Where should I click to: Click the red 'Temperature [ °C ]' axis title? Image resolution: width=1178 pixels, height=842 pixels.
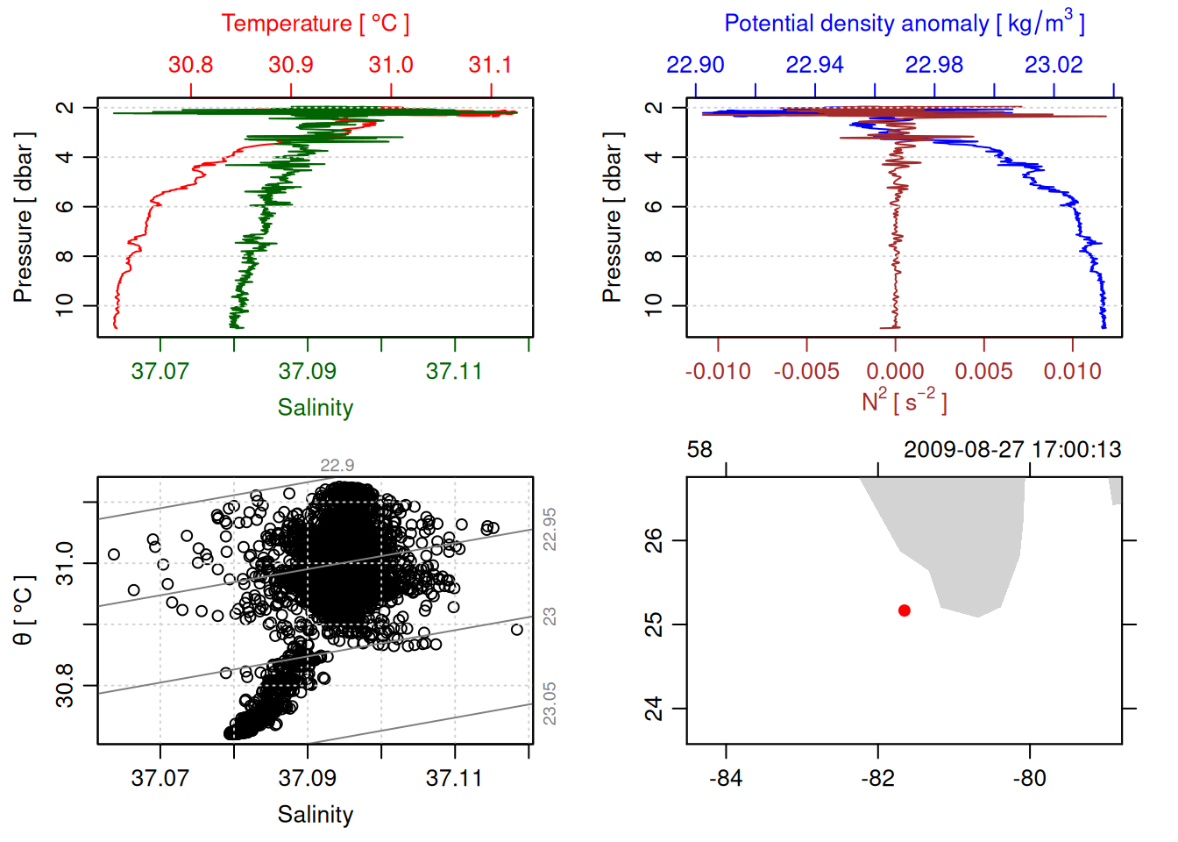(x=315, y=24)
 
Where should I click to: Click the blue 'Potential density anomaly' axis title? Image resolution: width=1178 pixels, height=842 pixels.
(x=904, y=24)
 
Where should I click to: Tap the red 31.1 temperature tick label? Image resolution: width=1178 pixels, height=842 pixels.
(x=490, y=65)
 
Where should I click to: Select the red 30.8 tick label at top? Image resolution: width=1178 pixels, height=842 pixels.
(x=190, y=65)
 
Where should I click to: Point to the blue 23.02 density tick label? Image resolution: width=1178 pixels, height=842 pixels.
(x=1054, y=65)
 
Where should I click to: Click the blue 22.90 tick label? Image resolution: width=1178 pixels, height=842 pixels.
(x=695, y=65)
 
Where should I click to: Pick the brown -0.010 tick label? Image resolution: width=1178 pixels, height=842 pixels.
(x=718, y=372)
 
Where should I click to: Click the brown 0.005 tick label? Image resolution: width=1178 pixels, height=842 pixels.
(x=983, y=372)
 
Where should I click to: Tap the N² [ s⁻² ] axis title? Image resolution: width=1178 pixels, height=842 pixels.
(x=904, y=402)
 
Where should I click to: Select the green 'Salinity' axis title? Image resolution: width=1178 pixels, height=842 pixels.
(x=315, y=408)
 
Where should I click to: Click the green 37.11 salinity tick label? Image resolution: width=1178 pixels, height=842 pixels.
(x=454, y=372)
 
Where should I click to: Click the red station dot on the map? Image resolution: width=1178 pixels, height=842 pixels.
(x=905, y=610)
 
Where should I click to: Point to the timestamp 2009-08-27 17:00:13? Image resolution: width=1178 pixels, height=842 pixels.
(x=1012, y=450)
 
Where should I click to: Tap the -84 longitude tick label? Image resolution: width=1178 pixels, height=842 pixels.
(x=726, y=779)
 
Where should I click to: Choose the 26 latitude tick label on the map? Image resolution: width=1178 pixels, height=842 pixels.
(x=654, y=540)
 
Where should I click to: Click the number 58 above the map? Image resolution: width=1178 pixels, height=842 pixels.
(x=699, y=450)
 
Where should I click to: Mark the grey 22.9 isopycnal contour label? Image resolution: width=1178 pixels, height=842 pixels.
(x=337, y=466)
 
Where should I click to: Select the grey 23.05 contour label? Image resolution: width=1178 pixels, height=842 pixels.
(x=550, y=703)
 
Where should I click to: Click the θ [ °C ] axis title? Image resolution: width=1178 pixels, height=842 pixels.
(x=24, y=610)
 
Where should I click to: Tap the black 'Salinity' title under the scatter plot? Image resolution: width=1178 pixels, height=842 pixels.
(x=315, y=815)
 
